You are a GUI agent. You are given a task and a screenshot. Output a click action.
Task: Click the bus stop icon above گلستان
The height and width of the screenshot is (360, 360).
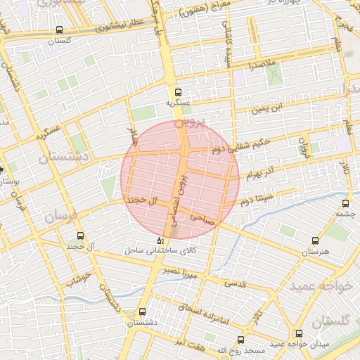pyautogui.click(x=60, y=31)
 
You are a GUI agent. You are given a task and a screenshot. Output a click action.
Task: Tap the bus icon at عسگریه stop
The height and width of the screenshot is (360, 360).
pyautogui.click(x=178, y=91)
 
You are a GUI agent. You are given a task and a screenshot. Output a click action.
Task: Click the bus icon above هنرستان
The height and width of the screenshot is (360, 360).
pyautogui.click(x=314, y=240)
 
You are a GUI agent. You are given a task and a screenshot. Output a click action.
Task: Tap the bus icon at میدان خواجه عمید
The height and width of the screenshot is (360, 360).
pyautogui.click(x=300, y=333)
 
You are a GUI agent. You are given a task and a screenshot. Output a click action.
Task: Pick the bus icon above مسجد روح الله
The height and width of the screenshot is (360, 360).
pyautogui.click(x=241, y=340)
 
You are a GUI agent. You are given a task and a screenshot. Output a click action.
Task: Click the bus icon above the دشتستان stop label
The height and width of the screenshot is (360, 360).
pyautogui.click(x=143, y=311)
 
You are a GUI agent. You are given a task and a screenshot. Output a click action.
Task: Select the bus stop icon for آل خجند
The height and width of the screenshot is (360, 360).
pyautogui.click(x=79, y=236)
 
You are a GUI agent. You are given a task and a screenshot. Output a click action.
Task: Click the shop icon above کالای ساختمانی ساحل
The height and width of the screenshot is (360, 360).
pyautogui.click(x=159, y=240)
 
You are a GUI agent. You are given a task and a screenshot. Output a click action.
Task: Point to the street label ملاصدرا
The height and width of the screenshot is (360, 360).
pyautogui.click(x=261, y=65)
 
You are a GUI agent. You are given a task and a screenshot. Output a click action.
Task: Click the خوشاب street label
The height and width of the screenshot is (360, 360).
pyautogui.click(x=79, y=279)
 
